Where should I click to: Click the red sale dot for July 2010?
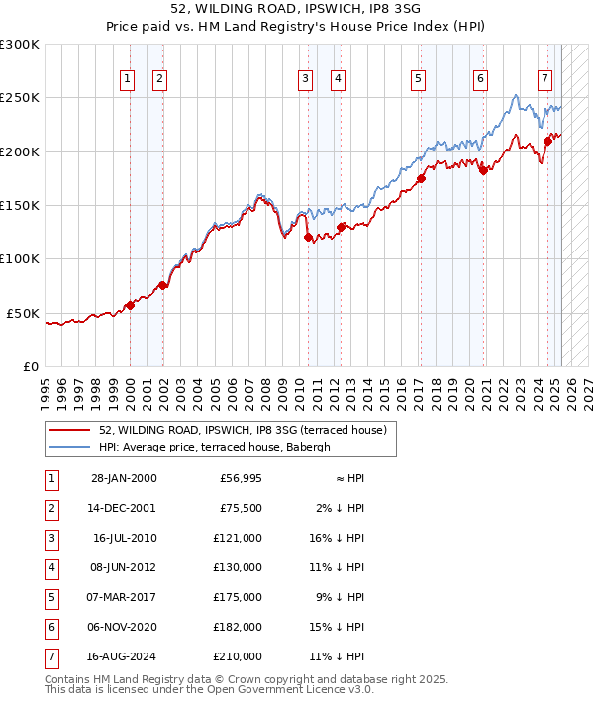[308, 237]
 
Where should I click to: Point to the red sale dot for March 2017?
[421, 178]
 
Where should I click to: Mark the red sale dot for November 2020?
[483, 171]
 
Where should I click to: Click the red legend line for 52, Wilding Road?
[69, 430]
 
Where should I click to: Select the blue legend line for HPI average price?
[69, 447]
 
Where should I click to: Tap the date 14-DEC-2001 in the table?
[123, 508]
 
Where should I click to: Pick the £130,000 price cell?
[239, 567]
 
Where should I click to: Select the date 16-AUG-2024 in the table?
[123, 656]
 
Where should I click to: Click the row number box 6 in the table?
[51, 627]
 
